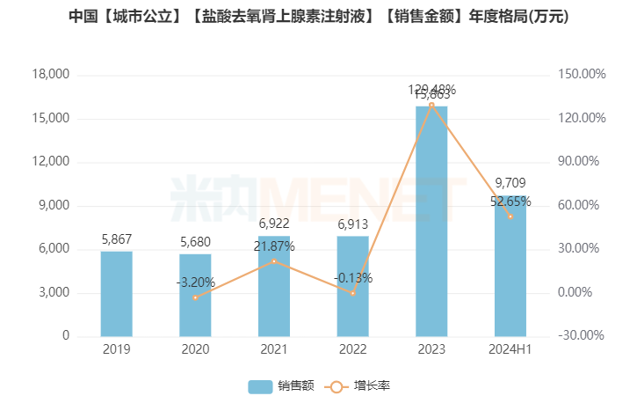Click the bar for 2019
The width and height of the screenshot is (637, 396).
pos(116,294)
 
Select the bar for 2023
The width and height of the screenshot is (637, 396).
pos(431,221)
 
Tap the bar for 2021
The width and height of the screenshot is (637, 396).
pos(274,286)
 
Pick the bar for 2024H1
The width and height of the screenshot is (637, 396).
pos(510,266)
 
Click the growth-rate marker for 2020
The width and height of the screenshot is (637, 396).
pos(195,297)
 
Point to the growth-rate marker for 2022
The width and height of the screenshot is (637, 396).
pos(352,293)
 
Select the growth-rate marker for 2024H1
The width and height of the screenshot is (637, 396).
pos(510,216)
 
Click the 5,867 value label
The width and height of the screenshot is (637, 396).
pos(116,238)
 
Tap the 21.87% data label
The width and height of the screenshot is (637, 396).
pos(274,247)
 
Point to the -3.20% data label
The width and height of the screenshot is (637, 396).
pos(195,282)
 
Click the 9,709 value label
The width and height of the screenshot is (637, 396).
pos(510,183)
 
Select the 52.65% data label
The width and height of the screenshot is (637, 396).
pos(510,201)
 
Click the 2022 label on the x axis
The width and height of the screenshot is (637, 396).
pos(352,349)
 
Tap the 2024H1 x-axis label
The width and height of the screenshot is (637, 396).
pos(510,349)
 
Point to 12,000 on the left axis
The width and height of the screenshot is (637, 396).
pos(52,162)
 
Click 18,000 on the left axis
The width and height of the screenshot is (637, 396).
pos(52,75)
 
